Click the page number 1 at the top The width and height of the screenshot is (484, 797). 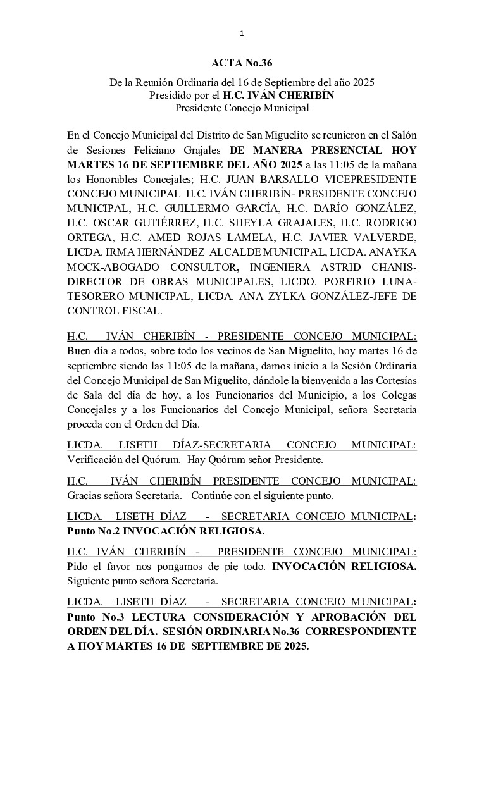pos(242,34)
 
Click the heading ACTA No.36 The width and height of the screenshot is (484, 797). pos(242,63)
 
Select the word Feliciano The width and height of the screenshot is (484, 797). pos(177,151)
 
